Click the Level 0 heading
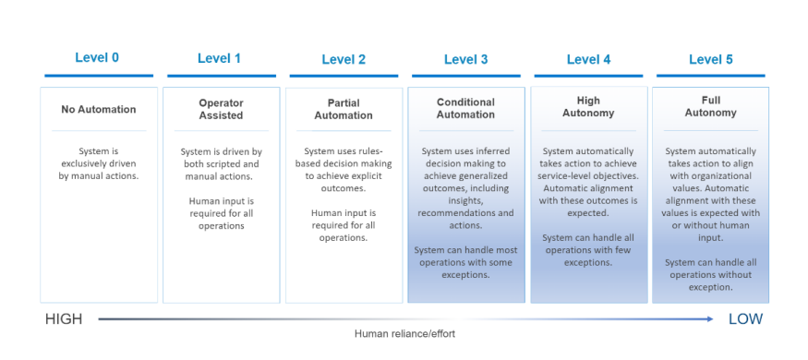pos(97,57)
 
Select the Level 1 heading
pos(219,58)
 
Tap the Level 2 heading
pos(344,59)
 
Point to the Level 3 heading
pos(465,59)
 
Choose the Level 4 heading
pos(588,59)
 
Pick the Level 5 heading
pos(711,59)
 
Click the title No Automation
pos(99,109)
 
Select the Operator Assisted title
pos(221,109)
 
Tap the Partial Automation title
pos(344,109)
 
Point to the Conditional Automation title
pos(465,108)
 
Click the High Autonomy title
pos(588,106)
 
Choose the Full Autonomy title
pos(711,106)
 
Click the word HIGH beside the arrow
pos(64,319)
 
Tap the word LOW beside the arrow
pos(745,319)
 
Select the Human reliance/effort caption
pos(404,334)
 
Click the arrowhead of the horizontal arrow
pos(711,319)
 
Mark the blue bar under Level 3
pos(465,77)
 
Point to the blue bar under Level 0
pos(99,76)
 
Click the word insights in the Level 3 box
pos(465,201)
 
